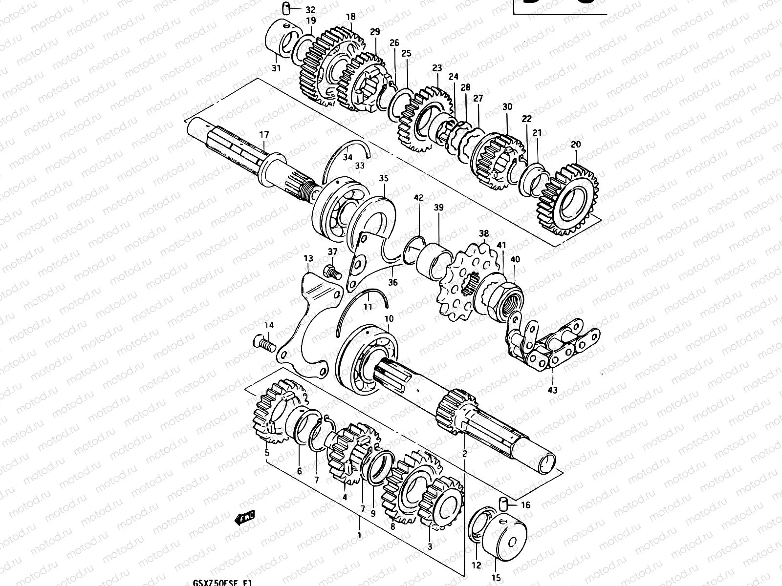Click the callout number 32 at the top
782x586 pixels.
(x=310, y=10)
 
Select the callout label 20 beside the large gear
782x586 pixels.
(x=576, y=145)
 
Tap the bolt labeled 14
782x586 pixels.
(x=264, y=343)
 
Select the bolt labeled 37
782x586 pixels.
(x=331, y=271)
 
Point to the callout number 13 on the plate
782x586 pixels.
(x=308, y=258)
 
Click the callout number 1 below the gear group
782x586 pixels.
(x=359, y=535)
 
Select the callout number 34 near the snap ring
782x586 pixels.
(x=348, y=157)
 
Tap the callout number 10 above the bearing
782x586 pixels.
(x=389, y=319)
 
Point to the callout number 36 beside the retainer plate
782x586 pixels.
(x=393, y=282)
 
